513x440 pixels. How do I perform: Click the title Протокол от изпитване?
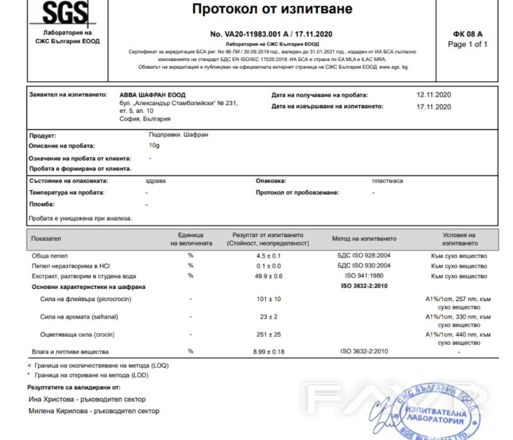tap(272, 10)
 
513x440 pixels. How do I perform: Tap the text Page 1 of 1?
tap(467, 44)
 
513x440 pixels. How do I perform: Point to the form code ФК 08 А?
tap(467, 34)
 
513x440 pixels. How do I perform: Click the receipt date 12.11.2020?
tap(434, 95)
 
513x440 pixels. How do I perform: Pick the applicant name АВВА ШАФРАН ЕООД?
tap(153, 95)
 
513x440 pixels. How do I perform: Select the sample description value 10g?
tap(154, 146)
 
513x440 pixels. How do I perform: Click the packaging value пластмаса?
tap(387, 181)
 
